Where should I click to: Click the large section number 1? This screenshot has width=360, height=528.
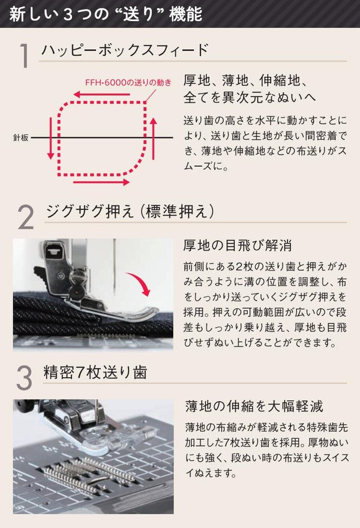coord(23,56)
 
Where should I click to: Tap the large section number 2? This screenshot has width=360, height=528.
coord(26,218)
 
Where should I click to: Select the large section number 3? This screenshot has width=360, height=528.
coord(24,378)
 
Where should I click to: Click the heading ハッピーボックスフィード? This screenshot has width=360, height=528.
coord(125,50)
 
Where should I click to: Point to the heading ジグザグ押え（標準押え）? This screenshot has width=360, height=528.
coord(130,211)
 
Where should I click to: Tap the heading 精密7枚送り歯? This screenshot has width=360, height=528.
coord(95,372)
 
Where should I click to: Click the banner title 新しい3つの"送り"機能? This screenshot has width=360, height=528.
coord(106,14)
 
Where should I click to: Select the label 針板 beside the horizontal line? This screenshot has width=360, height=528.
coord(21,137)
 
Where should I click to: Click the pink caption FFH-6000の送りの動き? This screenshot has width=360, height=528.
coord(128,83)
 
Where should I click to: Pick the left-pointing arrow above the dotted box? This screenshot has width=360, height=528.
coord(102,94)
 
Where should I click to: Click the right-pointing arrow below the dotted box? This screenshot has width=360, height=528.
coord(101,182)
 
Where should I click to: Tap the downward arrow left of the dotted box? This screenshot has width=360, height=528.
coord(50,139)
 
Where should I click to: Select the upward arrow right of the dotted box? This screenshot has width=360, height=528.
coord(154,139)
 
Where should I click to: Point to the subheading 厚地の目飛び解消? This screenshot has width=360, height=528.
coord(238,245)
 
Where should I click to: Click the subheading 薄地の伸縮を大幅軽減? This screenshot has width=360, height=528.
coord(254,406)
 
